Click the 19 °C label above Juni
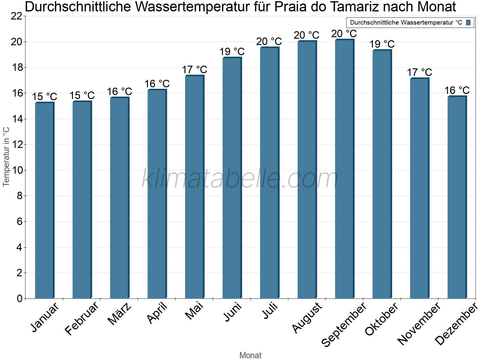coord(232,52)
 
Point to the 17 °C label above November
coord(419,72)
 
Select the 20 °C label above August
coord(307,35)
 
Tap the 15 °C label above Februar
coord(82,96)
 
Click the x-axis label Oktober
coord(382,319)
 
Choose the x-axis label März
coord(120,314)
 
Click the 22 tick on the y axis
coord(16,16)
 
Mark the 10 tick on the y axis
coord(16,170)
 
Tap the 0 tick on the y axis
coord(20,298)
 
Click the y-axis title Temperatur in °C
coord(6,157)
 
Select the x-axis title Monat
coord(250,355)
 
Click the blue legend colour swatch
coord(468,22)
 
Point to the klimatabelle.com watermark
coord(240,178)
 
